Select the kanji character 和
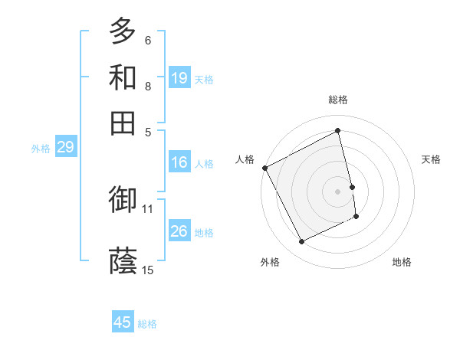(x=123, y=77)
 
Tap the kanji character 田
(x=123, y=123)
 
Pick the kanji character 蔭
(x=123, y=261)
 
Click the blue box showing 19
(x=179, y=78)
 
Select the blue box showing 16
(x=179, y=162)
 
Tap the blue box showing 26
(x=179, y=231)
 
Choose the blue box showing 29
(x=65, y=147)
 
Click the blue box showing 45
(x=123, y=322)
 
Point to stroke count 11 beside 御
(x=148, y=208)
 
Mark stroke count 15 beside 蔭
(x=148, y=270)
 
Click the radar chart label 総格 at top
(x=338, y=100)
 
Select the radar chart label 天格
(x=431, y=159)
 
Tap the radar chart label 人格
(x=245, y=159)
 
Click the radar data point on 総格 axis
(x=338, y=131)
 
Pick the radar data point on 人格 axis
(x=264, y=168)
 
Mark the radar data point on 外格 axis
(x=301, y=242)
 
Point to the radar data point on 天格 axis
(x=352, y=187)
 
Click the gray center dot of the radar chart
(x=338, y=191)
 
